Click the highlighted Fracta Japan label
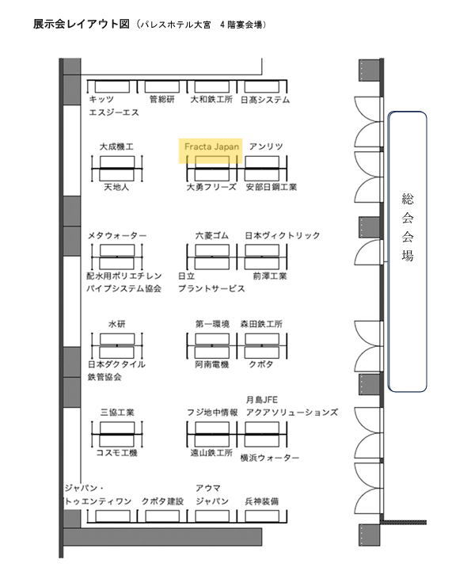click(211, 147)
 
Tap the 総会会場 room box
click(407, 252)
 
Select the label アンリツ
click(266, 147)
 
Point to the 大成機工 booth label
click(116, 147)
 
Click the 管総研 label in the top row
click(162, 99)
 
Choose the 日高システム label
click(265, 99)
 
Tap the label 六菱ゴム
click(212, 236)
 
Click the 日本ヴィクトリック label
click(283, 236)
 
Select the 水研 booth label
click(116, 324)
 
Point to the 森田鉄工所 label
click(261, 324)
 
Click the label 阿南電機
click(212, 364)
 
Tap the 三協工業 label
click(117, 413)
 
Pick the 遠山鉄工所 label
click(211, 453)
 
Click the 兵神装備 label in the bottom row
click(262, 501)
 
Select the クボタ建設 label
click(162, 501)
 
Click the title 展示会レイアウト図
click(82, 24)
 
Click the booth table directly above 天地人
click(117, 175)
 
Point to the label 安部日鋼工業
click(272, 187)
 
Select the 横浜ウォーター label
click(270, 458)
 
